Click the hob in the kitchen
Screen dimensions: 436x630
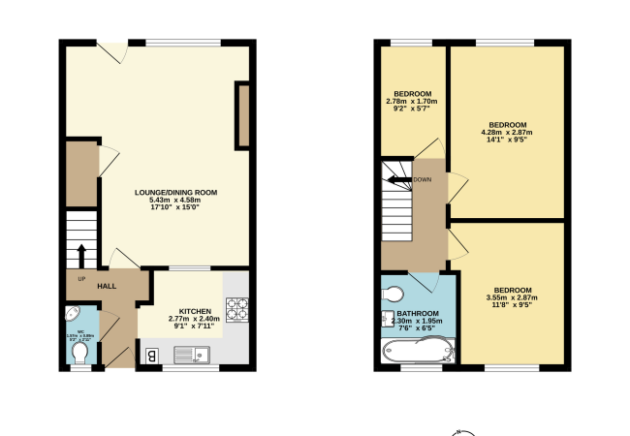(x=236, y=308)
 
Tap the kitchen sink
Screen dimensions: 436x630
(x=201, y=355)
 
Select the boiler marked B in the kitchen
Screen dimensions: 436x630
(x=151, y=356)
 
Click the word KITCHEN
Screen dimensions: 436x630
(x=195, y=311)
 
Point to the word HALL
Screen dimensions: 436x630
(x=107, y=286)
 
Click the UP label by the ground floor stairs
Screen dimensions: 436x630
(x=70, y=279)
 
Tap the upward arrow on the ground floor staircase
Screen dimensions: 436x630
(x=81, y=256)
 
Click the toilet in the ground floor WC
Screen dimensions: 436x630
(x=80, y=356)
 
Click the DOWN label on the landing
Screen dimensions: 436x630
(x=423, y=179)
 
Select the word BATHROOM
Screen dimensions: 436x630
(x=419, y=314)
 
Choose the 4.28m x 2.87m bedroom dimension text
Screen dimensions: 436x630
(x=507, y=133)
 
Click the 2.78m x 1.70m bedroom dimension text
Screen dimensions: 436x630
(x=412, y=101)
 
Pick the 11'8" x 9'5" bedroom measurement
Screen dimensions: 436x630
(x=513, y=305)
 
